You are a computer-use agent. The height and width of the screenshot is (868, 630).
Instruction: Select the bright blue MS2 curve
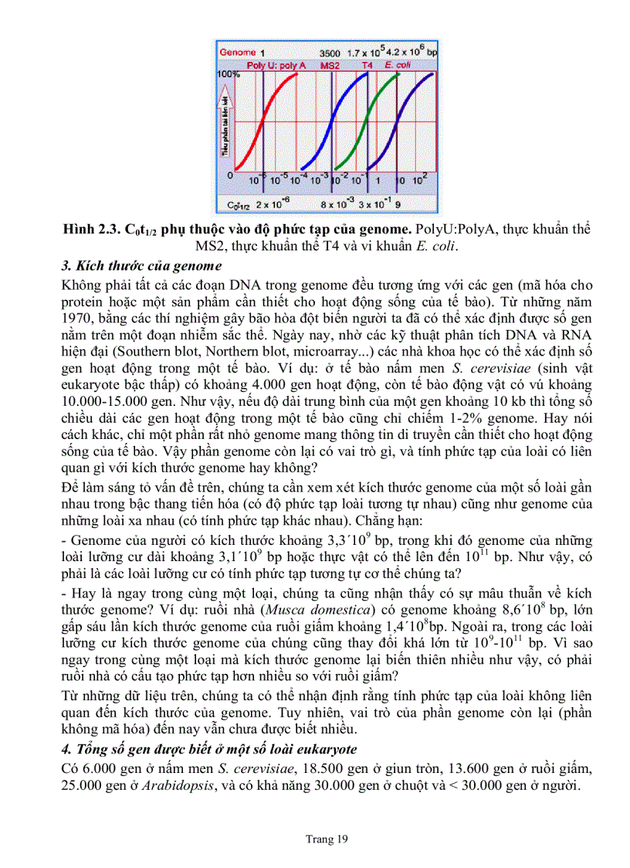pos(331,124)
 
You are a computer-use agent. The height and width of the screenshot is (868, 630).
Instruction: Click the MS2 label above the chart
pos(330,66)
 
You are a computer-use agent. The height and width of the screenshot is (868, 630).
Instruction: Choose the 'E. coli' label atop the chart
pos(402,66)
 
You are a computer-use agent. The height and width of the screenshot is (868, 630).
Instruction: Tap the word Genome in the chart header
pos(238,52)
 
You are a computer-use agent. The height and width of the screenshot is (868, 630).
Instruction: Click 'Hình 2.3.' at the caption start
pos(91,230)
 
